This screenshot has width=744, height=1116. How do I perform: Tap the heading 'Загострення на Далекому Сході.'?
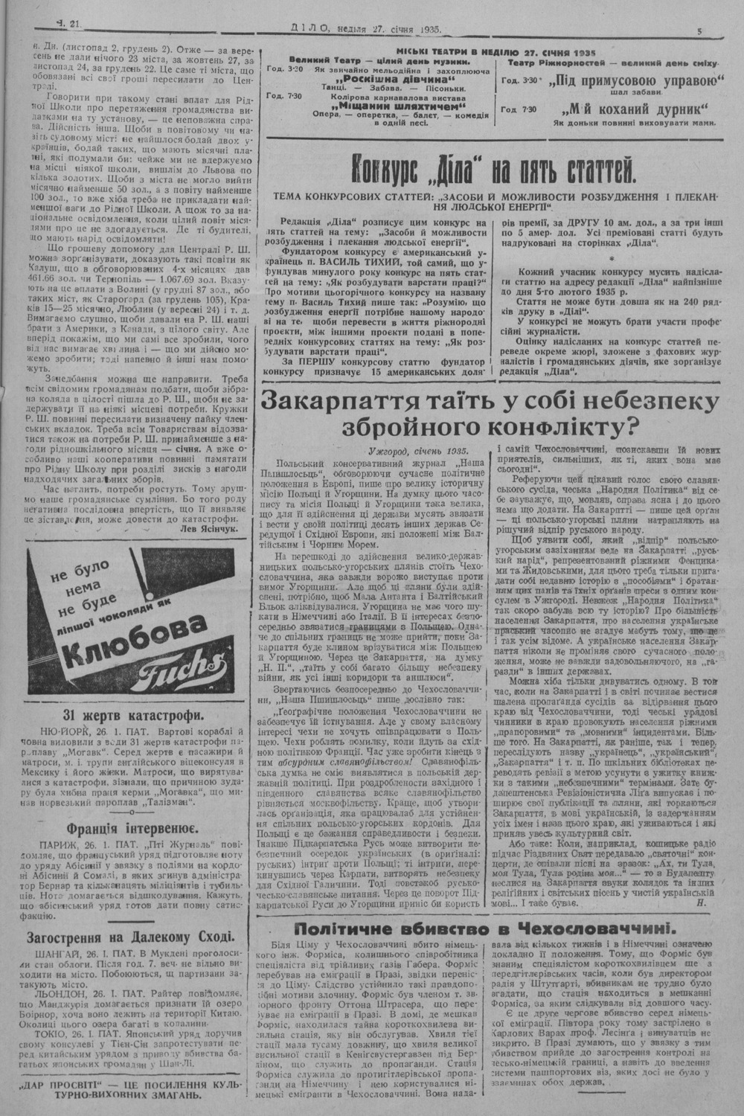click(131, 936)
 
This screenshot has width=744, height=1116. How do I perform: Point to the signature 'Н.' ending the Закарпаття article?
click(700, 903)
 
